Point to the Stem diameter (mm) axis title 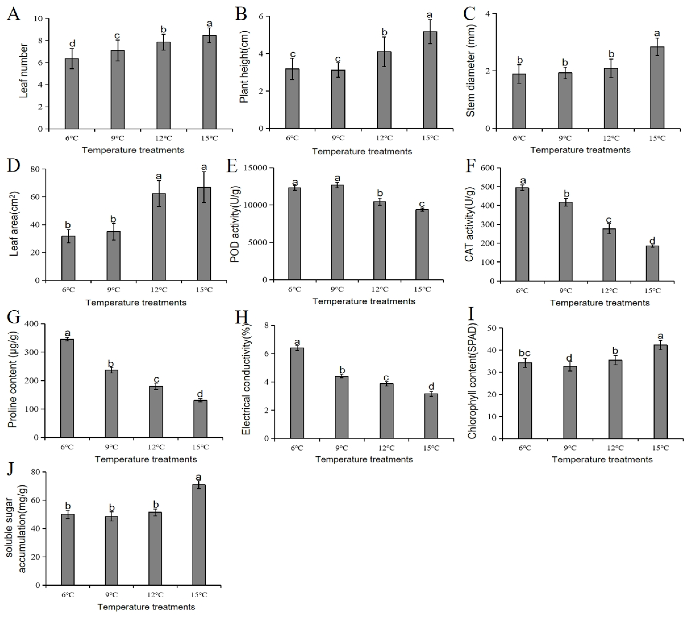pos(471,71)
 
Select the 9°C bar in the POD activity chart pos(337,232)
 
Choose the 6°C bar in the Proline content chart pos(67,388)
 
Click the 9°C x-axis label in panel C pos(565,138)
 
